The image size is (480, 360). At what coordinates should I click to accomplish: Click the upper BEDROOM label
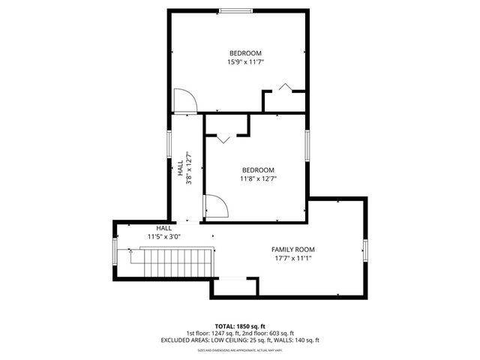coord(245,52)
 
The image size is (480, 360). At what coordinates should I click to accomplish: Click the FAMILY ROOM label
coord(292,249)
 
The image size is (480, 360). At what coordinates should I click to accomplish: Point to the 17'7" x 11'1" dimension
coord(292,258)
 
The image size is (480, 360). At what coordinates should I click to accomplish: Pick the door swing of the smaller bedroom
coord(215,206)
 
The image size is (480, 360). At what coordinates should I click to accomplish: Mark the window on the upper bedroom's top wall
coord(235,10)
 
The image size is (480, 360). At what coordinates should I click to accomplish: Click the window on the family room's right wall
coord(365,250)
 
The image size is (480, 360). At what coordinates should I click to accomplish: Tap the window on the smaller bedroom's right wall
coord(307,145)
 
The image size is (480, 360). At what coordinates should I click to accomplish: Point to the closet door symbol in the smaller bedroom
coord(223,138)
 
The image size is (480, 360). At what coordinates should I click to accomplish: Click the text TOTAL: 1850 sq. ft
coord(240,326)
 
